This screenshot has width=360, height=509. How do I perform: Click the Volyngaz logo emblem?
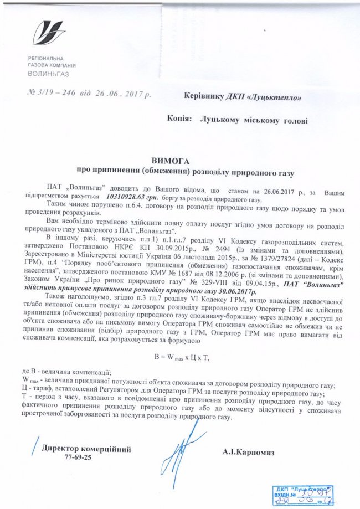point(49,33)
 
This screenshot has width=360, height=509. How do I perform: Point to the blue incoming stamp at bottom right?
point(299,495)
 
